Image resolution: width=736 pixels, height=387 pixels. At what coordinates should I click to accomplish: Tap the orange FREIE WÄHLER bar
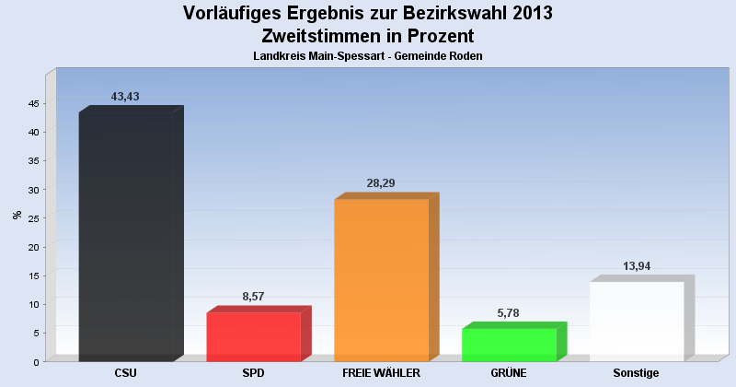coord(381,280)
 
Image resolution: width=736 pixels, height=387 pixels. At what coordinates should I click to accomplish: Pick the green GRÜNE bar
coord(509,345)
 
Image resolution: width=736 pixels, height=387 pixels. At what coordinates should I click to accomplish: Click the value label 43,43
coord(125,97)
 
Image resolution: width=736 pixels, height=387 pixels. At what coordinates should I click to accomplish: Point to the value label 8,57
coord(253,297)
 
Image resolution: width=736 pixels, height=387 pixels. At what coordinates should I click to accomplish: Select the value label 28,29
coord(381,183)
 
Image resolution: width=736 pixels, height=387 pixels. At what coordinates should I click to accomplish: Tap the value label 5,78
coord(509,313)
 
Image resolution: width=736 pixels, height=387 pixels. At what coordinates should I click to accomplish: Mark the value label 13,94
coord(637,266)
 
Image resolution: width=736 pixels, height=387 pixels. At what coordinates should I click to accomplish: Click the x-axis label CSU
coord(126,373)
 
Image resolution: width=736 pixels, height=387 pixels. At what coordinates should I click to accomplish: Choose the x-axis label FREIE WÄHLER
coord(381,373)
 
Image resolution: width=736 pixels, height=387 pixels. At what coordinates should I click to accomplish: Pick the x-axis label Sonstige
coord(637,373)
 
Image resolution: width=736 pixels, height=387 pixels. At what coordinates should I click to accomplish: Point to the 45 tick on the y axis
coord(32,103)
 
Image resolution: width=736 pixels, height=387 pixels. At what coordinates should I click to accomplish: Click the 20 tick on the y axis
coord(32,247)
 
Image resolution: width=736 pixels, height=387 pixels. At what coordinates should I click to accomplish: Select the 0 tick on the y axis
coord(35,361)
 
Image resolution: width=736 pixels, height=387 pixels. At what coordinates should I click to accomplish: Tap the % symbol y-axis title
coord(17,215)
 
